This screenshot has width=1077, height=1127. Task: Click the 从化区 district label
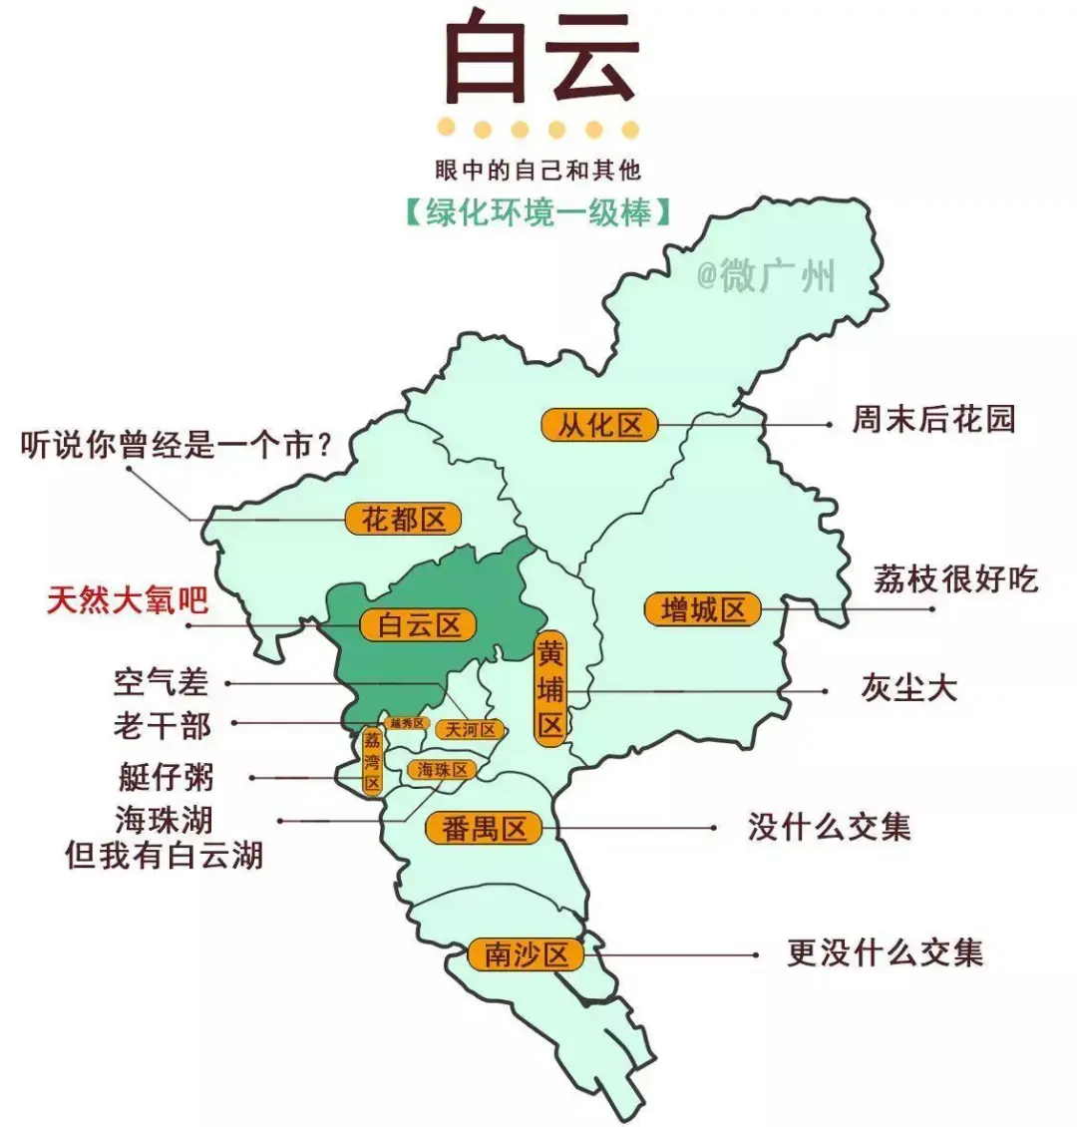click(x=599, y=425)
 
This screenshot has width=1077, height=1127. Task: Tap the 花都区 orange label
click(x=403, y=519)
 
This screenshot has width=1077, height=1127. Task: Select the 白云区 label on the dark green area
click(x=420, y=625)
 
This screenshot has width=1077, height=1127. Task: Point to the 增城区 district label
click(x=703, y=609)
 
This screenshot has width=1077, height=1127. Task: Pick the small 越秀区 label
click(x=407, y=723)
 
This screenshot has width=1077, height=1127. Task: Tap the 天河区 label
click(x=470, y=730)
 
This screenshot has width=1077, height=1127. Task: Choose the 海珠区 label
click(x=442, y=770)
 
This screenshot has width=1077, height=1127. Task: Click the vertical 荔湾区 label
click(x=372, y=761)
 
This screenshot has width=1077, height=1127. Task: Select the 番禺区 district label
click(x=484, y=829)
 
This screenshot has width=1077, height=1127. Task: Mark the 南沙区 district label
click(x=526, y=954)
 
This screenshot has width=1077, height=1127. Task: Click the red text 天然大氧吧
click(x=128, y=600)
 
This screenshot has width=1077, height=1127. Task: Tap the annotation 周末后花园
click(x=932, y=419)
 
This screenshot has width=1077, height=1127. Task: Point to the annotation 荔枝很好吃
click(x=954, y=579)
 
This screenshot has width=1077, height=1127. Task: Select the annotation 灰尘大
click(x=908, y=688)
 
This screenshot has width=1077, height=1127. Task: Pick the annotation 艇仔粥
click(x=166, y=777)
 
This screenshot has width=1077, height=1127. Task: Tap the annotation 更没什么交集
click(x=885, y=952)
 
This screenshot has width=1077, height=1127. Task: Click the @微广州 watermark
click(x=765, y=276)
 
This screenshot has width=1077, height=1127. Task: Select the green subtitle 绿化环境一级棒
click(x=538, y=212)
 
